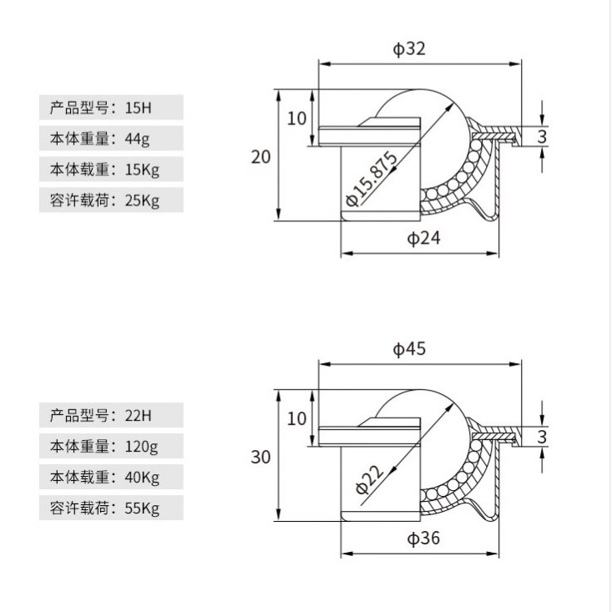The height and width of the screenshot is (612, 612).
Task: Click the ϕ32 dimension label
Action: pos(409,48)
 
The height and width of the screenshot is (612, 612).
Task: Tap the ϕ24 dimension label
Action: pos(423,239)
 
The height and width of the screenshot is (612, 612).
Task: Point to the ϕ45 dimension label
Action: pos(409,350)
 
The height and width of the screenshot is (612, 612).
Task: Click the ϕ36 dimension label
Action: pos(423,539)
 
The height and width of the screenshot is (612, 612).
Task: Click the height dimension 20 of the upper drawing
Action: pos(261,156)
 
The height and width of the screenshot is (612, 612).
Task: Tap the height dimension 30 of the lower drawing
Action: pos(261,457)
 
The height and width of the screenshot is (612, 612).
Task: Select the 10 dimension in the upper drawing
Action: pos(297,118)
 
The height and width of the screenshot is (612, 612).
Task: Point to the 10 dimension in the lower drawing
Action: pos(297,418)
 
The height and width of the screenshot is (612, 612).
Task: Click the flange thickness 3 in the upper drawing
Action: pos(542,136)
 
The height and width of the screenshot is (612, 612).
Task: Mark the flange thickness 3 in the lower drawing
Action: pos(542,437)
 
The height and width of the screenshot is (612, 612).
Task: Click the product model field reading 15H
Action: pos(110,108)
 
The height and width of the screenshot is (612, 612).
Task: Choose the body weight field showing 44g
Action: pos(110,139)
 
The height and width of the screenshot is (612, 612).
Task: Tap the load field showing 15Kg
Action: pos(110,169)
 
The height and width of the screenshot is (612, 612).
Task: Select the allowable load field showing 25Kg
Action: pos(110,200)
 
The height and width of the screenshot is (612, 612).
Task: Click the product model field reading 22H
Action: pos(110,415)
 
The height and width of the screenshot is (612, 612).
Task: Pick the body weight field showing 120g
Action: pos(110,446)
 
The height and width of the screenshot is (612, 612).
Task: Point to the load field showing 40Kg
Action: pos(110,477)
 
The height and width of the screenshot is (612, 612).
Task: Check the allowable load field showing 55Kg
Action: pos(110,508)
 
